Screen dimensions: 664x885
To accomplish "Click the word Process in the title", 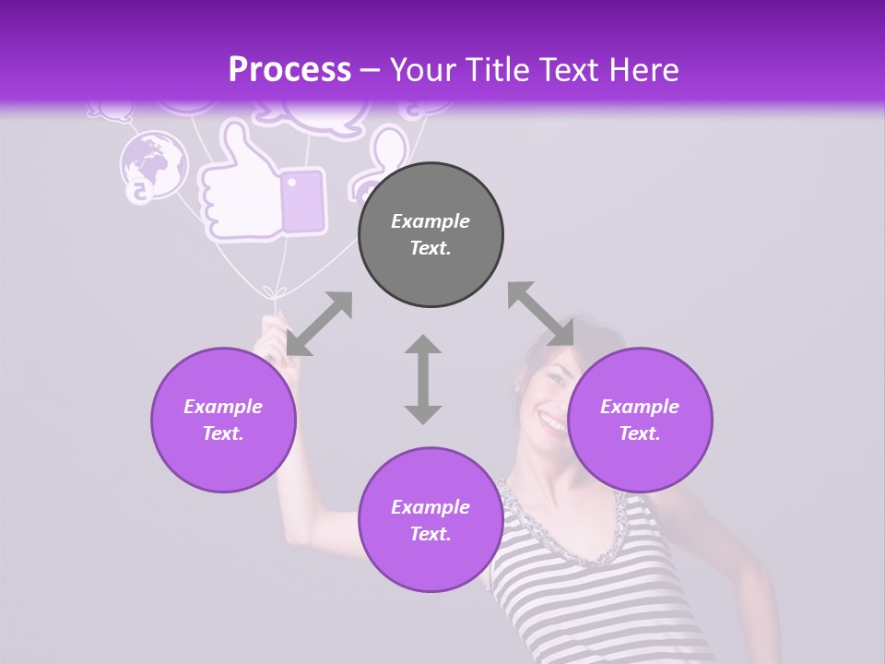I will (289, 69).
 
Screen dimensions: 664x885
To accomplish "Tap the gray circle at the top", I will (431, 234).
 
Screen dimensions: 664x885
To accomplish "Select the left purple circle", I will (223, 420).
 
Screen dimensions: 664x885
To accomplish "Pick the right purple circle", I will (640, 420).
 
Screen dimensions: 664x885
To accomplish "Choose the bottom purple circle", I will (431, 520).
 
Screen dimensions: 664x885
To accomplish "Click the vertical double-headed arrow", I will (423, 379).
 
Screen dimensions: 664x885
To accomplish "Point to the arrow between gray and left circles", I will (319, 324).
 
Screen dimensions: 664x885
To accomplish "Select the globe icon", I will (153, 164).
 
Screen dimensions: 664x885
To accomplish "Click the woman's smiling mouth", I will (552, 423).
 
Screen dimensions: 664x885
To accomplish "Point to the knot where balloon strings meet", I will (269, 293).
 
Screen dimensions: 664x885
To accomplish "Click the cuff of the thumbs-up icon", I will (302, 200).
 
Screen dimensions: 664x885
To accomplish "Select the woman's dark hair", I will (553, 345).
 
